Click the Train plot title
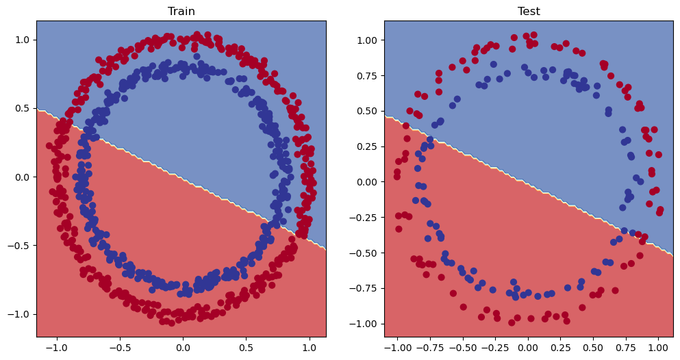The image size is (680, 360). [181, 11]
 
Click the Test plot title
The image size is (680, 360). [529, 11]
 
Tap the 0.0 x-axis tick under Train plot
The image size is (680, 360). [183, 348]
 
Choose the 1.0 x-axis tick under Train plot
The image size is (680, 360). [310, 348]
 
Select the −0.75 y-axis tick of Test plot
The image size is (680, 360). [365, 288]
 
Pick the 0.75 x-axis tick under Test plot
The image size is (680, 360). [625, 348]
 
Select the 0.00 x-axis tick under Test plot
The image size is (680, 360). [528, 348]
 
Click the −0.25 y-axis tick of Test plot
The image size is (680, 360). [365, 217]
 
